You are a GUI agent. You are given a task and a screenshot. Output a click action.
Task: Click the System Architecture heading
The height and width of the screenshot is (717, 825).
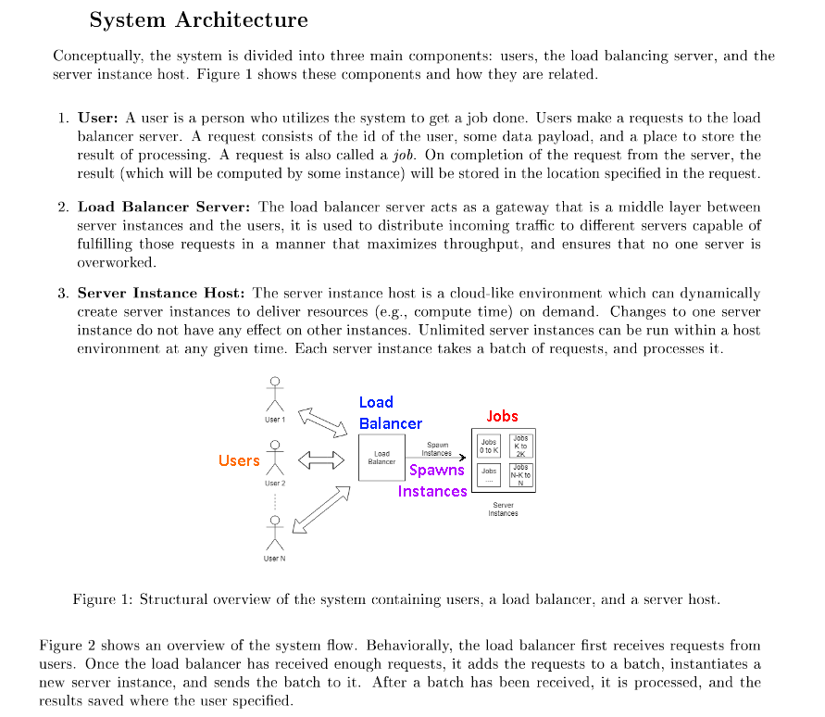(199, 19)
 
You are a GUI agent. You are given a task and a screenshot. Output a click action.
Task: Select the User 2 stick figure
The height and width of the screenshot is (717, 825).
(273, 459)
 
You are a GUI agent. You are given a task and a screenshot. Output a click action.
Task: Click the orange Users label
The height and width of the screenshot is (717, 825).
(239, 460)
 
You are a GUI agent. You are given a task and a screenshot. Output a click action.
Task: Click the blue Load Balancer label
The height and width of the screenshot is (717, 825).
(390, 412)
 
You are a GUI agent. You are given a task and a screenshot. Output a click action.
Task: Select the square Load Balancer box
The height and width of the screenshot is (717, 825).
(381, 458)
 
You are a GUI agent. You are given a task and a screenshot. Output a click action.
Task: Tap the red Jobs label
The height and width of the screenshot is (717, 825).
(502, 416)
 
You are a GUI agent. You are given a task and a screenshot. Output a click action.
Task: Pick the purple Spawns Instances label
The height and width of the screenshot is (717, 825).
(433, 480)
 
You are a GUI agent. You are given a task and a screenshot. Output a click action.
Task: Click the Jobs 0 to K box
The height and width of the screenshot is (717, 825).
(489, 445)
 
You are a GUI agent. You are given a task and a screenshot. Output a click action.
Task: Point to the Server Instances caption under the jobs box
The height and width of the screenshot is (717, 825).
(504, 509)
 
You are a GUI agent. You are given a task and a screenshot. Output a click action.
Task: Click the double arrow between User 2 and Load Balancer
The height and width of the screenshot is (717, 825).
(314, 459)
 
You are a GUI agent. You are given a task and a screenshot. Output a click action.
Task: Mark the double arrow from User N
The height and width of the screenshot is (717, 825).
(321, 509)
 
